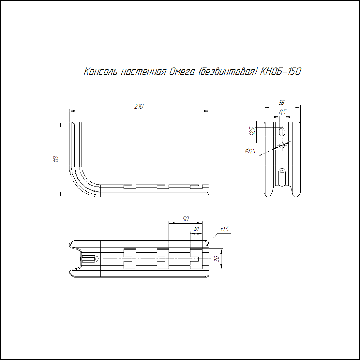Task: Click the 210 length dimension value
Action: pyautogui.click(x=139, y=106)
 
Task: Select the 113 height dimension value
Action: pyautogui.click(x=56, y=159)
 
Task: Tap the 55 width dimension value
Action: pyautogui.click(x=282, y=102)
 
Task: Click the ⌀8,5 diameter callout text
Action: pyautogui.click(x=250, y=151)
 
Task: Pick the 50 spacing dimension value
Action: pyautogui.click(x=185, y=219)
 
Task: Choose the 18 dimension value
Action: pyautogui.click(x=196, y=229)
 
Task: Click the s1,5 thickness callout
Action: pyautogui.click(x=224, y=229)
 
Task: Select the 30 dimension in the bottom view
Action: pyautogui.click(x=216, y=259)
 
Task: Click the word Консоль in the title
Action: pyautogui.click(x=100, y=72)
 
